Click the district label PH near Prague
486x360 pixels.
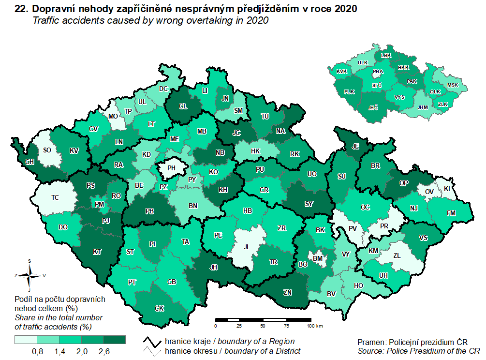click(x=171, y=169)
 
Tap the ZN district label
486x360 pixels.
click(x=287, y=292)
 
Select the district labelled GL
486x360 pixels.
click(x=183, y=107)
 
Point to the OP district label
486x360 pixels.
click(x=404, y=183)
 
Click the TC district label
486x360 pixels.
click(x=56, y=197)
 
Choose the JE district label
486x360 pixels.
click(x=355, y=147)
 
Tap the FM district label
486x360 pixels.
click(x=451, y=213)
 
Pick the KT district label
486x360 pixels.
click(x=98, y=252)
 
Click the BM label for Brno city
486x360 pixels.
click(x=317, y=259)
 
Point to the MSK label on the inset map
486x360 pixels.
click(x=453, y=85)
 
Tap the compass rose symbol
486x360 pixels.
click(x=29, y=275)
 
